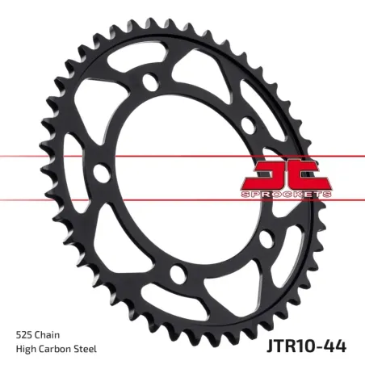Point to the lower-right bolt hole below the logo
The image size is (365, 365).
click(x=265, y=237)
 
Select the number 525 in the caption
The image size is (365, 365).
click(x=24, y=332)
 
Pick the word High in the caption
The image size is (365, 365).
click(x=26, y=348)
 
